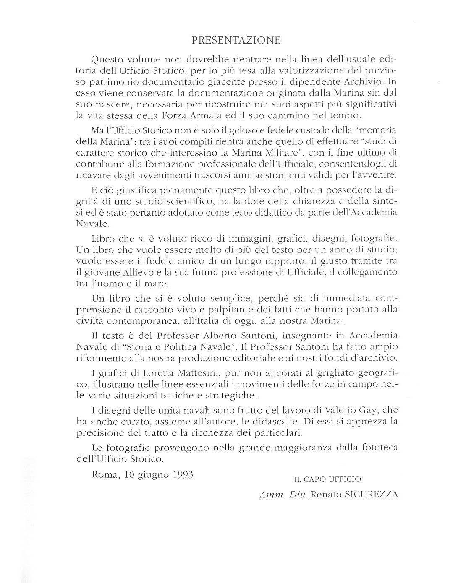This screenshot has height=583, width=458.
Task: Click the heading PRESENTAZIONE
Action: coord(236,40)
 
